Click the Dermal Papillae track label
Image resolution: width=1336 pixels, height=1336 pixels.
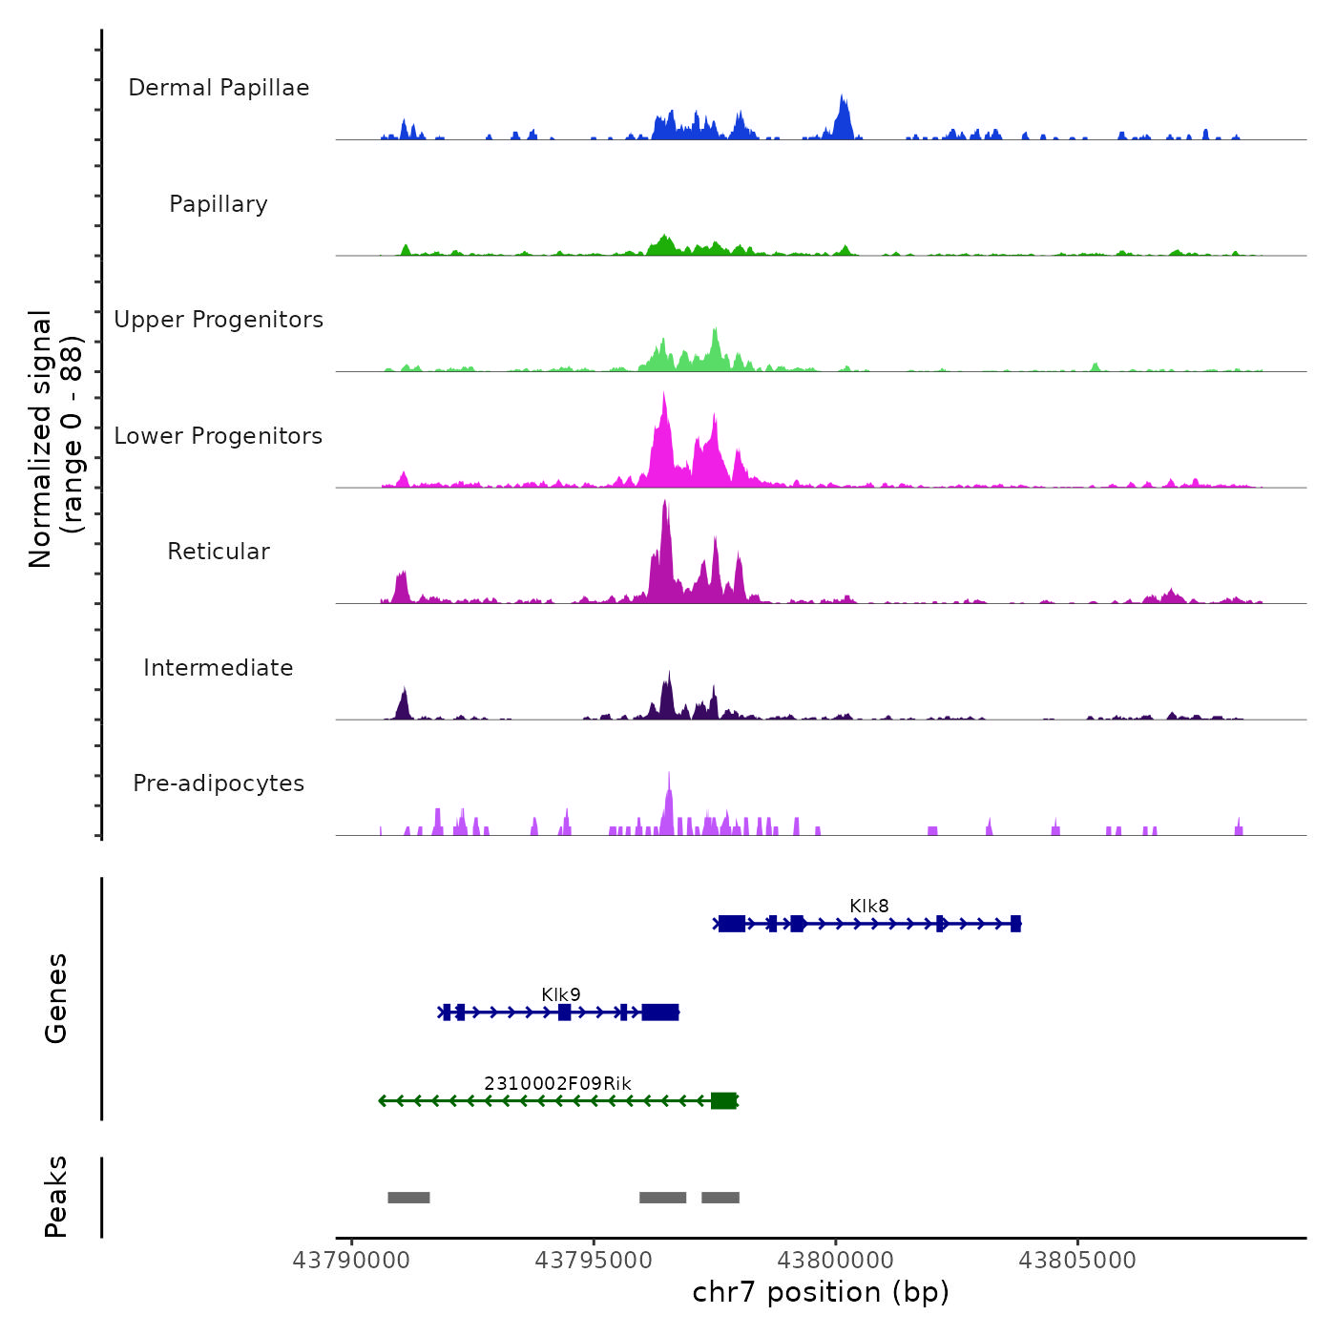pyautogui.click(x=219, y=88)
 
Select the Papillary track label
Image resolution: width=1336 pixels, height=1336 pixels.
pyautogui.click(x=219, y=204)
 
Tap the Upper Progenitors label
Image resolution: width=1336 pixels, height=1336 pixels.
pyautogui.click(x=219, y=320)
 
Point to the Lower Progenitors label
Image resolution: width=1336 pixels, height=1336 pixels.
pyautogui.click(x=219, y=436)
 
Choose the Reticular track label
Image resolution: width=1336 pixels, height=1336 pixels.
pyautogui.click(x=219, y=552)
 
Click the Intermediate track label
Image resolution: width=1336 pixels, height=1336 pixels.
pyautogui.click(x=219, y=668)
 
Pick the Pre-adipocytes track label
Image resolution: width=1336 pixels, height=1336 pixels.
pyautogui.click(x=219, y=783)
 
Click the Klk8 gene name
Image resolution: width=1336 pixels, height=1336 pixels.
pyautogui.click(x=868, y=906)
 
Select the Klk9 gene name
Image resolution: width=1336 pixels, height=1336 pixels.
pyautogui.click(x=560, y=994)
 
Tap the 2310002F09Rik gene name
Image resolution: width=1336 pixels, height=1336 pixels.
pyautogui.click(x=557, y=1083)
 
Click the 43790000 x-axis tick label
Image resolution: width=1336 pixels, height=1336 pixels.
pyautogui.click(x=351, y=1261)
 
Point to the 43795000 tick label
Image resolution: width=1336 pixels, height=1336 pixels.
pyautogui.click(x=594, y=1261)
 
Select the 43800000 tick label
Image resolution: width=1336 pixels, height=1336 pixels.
pyautogui.click(x=836, y=1261)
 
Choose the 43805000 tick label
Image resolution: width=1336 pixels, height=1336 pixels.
pyautogui.click(x=1077, y=1261)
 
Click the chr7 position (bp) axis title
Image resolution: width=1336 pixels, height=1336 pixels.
pyautogui.click(x=821, y=1292)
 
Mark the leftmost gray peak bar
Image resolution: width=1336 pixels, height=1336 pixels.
pyautogui.click(x=408, y=1198)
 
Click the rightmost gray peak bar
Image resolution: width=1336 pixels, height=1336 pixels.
pyautogui.click(x=720, y=1198)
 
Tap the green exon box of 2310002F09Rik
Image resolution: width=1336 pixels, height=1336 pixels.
pyautogui.click(x=723, y=1101)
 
